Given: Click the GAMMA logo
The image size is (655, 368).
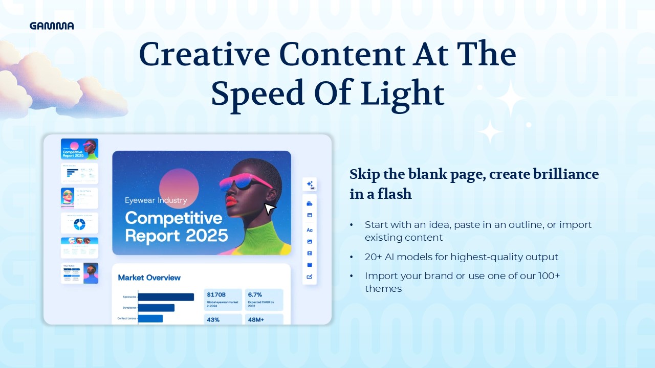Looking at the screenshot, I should point(52,26).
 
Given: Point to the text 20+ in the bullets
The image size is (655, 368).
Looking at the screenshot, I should point(373,257).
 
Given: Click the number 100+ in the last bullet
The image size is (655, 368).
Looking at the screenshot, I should point(549,276).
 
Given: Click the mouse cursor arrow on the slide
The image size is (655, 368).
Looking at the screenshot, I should point(269,209).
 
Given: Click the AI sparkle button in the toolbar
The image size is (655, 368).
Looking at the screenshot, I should point(310,185).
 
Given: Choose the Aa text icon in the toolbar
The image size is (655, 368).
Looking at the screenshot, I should point(310,230).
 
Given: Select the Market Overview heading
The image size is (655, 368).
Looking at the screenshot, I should point(149,278).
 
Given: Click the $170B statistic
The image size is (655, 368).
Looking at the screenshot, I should point(216,295).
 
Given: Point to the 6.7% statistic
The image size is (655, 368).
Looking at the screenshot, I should point(255,295).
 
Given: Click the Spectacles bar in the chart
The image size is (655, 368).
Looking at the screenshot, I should point(166,297).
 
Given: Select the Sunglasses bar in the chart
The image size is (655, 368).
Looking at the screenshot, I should point(156,308).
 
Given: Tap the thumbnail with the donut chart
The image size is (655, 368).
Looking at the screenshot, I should point(79,223).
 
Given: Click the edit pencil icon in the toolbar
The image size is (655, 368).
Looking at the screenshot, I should point(310,277).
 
